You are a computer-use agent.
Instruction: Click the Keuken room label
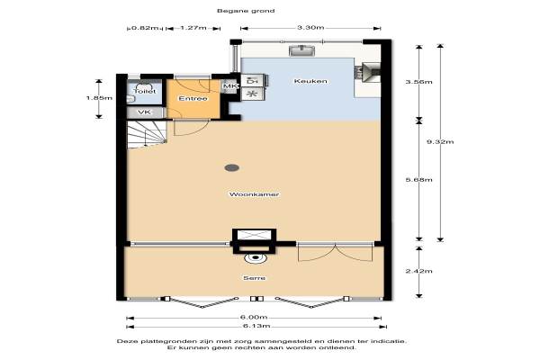pyautogui.click(x=310, y=81)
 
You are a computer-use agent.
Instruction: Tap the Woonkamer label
pyautogui.click(x=254, y=194)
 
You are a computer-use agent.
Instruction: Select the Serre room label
pyautogui.click(x=254, y=278)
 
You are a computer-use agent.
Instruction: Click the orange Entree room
pyautogui.click(x=193, y=99)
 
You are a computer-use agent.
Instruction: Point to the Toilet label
pyautogui.click(x=145, y=91)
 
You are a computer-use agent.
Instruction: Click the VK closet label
pyautogui.click(x=144, y=112)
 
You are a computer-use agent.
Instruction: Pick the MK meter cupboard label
pyautogui.click(x=230, y=86)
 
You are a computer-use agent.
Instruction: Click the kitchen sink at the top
pyautogui.click(x=302, y=50)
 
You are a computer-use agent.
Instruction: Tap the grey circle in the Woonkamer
pyautogui.click(x=232, y=167)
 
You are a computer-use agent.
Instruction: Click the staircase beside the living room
pyautogui.click(x=147, y=134)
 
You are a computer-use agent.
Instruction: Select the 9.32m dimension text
pyautogui.click(x=440, y=141)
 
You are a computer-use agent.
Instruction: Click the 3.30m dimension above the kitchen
pyautogui.click(x=310, y=28)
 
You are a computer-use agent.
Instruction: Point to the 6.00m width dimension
pyautogui.click(x=254, y=318)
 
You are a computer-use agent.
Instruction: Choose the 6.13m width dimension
pyautogui.click(x=256, y=326)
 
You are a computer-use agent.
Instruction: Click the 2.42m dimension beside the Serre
pyautogui.click(x=418, y=271)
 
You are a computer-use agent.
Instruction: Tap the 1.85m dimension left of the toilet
pyautogui.click(x=99, y=98)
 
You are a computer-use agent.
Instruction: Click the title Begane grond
pyautogui.click(x=246, y=11)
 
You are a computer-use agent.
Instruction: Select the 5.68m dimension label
pyautogui.click(x=418, y=179)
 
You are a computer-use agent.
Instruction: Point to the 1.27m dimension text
pyautogui.click(x=193, y=28)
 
